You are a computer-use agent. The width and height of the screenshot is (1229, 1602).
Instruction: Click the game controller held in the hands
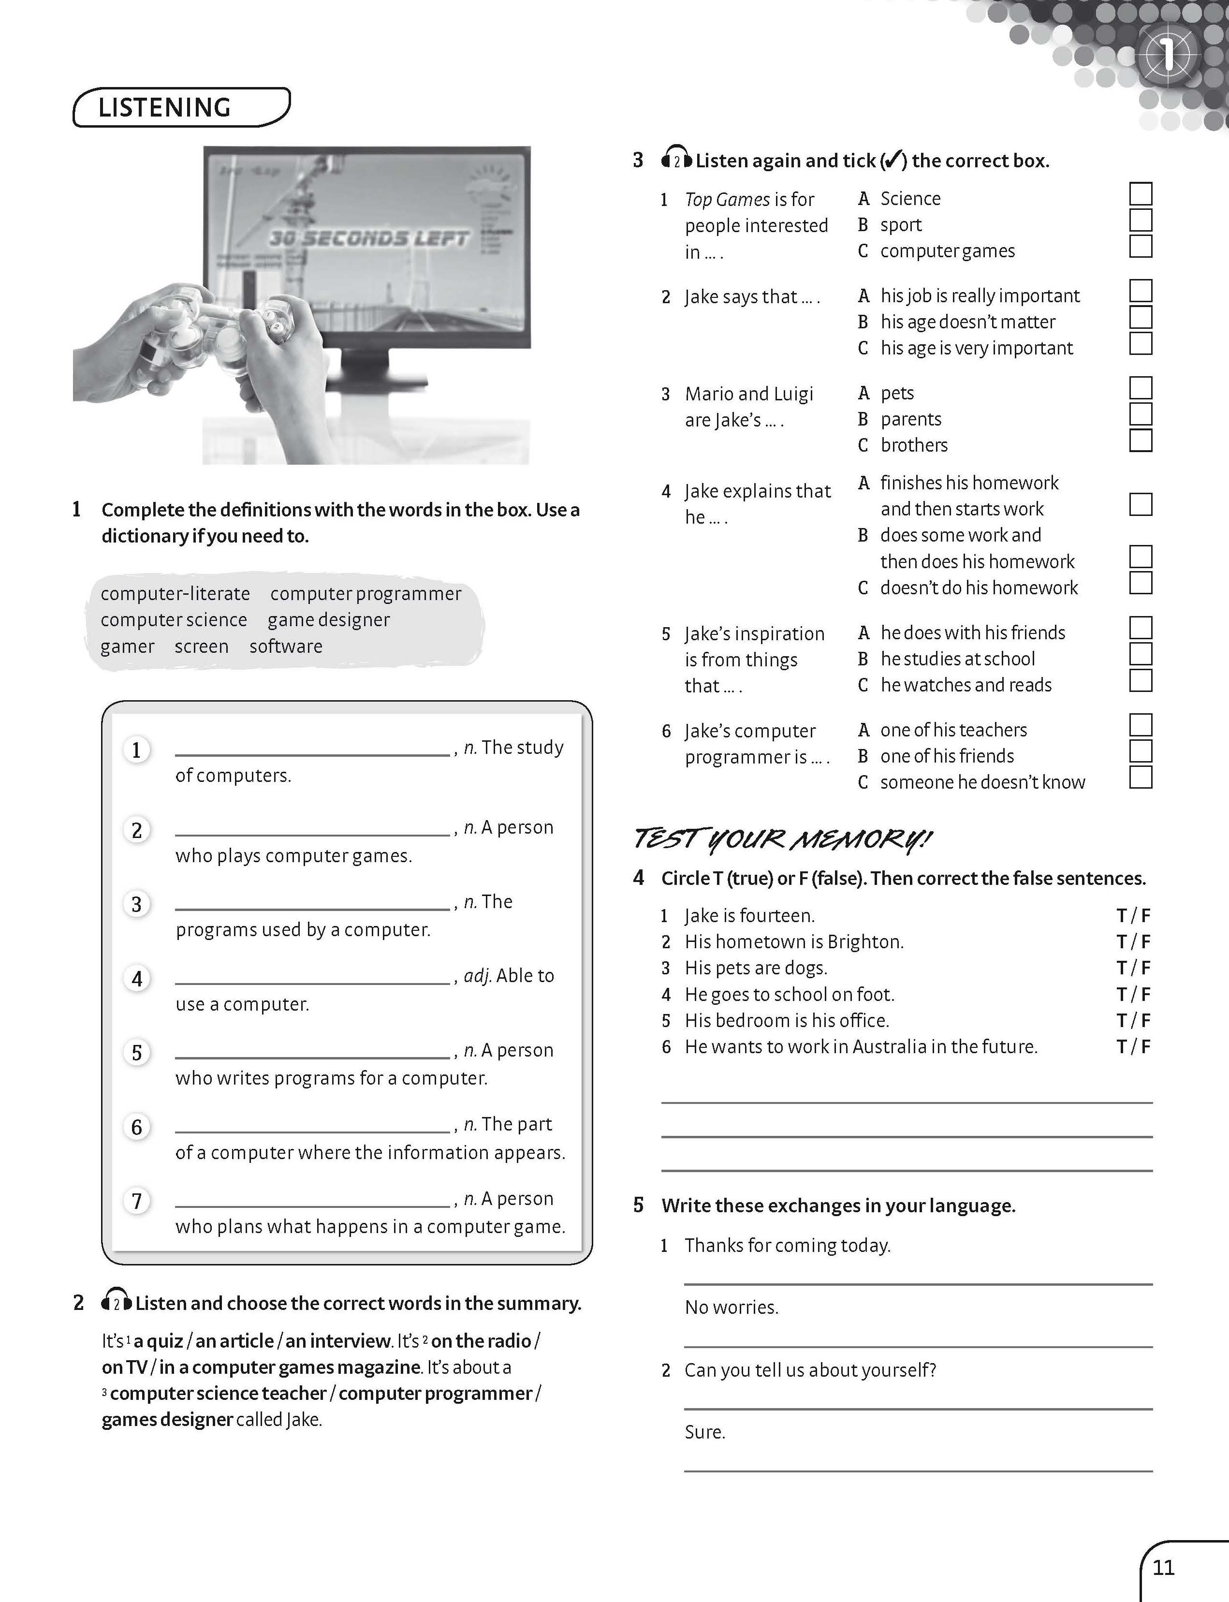point(219,329)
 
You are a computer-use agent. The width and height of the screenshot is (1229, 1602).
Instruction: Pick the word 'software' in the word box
point(286,647)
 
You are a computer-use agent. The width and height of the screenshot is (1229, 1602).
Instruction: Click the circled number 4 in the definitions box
point(137,979)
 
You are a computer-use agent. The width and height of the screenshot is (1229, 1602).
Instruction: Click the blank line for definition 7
point(312,1204)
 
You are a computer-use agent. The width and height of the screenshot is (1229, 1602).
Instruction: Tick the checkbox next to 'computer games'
point(1141,247)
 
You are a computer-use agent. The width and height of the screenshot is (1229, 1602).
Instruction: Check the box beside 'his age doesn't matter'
point(1141,318)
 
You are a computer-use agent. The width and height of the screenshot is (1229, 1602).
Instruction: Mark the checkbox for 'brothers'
point(1141,441)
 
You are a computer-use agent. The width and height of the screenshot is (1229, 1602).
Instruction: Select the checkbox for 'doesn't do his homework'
point(1141,583)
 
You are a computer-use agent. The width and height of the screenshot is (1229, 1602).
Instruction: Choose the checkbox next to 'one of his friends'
point(1141,751)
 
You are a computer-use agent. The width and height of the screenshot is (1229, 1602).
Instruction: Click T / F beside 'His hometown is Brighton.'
point(1133,941)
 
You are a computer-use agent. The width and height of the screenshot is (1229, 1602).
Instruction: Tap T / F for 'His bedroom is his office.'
point(1133,1020)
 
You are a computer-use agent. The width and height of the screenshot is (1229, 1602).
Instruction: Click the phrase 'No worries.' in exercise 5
point(732,1307)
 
